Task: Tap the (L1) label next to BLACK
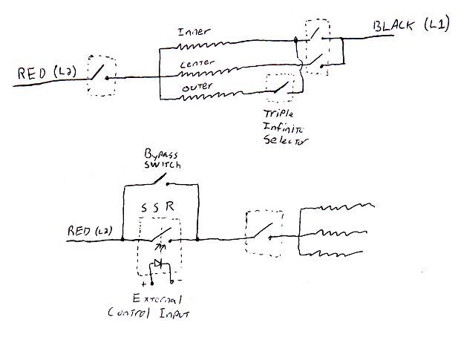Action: tap(437, 24)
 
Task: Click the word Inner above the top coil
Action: tap(194, 31)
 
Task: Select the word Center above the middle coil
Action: tap(197, 63)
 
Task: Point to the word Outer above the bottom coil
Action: tap(197, 87)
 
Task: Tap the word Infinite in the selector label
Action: tap(283, 128)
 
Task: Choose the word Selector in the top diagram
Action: tap(285, 140)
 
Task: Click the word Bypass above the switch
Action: tap(161, 154)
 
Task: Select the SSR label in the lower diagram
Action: tap(157, 207)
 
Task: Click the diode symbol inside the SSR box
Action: tap(158, 263)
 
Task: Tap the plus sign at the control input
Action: tap(143, 284)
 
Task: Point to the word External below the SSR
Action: tap(157, 298)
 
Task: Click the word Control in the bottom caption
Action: tap(128, 312)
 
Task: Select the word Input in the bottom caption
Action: tap(174, 313)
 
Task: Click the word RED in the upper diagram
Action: tap(32, 73)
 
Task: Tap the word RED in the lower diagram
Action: tap(79, 231)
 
